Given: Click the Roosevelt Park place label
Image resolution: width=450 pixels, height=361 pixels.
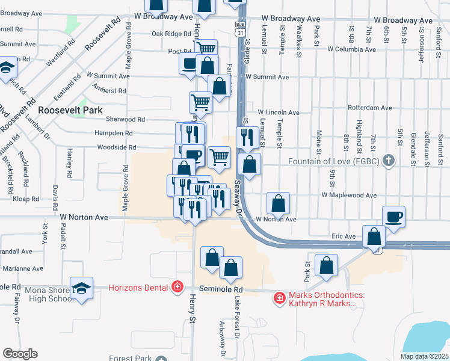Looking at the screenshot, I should click(70, 110).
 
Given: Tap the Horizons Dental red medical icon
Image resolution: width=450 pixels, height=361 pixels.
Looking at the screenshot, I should click(177, 287).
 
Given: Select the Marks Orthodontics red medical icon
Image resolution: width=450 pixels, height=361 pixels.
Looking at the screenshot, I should click(279, 297).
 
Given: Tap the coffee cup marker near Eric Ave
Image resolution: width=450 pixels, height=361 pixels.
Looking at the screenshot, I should click(393, 217).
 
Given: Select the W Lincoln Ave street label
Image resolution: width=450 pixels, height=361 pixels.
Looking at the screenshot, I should click(279, 113).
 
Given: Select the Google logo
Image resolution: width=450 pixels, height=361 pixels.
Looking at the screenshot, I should click(20, 354).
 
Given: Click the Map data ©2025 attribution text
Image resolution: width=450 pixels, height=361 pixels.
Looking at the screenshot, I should click(424, 356).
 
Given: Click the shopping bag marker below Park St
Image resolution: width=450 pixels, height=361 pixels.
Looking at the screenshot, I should click(326, 265).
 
